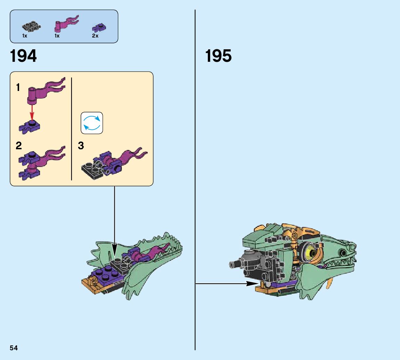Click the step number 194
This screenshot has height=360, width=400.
point(23,56)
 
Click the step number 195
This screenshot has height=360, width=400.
point(218,56)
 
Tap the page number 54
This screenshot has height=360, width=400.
point(14,348)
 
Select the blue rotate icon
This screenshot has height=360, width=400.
point(92,123)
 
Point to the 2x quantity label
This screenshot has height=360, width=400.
point(95,36)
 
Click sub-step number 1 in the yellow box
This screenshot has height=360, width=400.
point(18,88)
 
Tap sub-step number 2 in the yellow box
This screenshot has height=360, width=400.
point(18,146)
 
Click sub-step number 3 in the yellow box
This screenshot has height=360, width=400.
point(81,146)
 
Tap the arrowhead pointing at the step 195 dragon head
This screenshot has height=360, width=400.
point(252,284)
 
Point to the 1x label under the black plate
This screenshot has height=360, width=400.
point(25,36)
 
